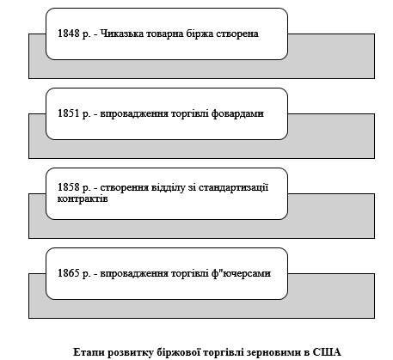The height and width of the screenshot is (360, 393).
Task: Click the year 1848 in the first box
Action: (69, 34)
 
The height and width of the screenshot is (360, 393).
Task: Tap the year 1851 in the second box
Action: (69, 113)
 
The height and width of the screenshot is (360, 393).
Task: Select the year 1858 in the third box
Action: (69, 187)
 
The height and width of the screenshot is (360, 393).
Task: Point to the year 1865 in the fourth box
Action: (69, 273)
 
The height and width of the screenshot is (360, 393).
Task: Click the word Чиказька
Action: (122, 34)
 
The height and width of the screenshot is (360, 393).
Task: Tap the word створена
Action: (237, 34)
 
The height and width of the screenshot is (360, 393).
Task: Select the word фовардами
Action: (237, 113)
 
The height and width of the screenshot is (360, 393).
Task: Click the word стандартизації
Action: (234, 187)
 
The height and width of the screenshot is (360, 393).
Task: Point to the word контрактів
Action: (83, 198)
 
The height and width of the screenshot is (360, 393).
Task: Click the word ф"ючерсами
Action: (241, 273)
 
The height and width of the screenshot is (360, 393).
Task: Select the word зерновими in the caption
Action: (273, 352)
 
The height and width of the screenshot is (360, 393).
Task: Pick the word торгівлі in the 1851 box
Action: (190, 113)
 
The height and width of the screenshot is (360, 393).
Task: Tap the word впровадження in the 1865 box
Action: (134, 273)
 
